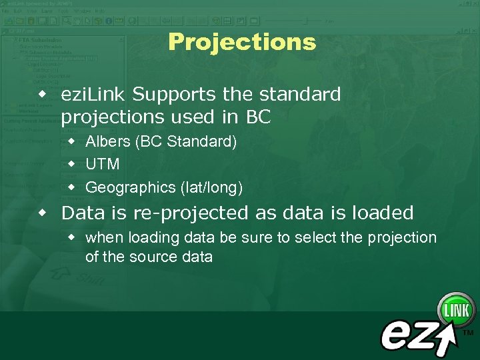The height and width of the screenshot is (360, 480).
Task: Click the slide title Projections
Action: tap(241, 42)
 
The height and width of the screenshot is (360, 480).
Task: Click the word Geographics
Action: tap(129, 187)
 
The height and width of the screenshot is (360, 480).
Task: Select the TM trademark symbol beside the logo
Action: tap(468, 333)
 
